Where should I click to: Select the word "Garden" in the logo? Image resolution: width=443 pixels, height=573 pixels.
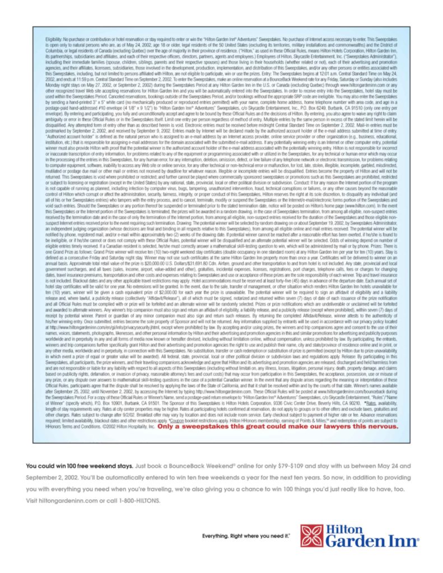click(358, 542)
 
